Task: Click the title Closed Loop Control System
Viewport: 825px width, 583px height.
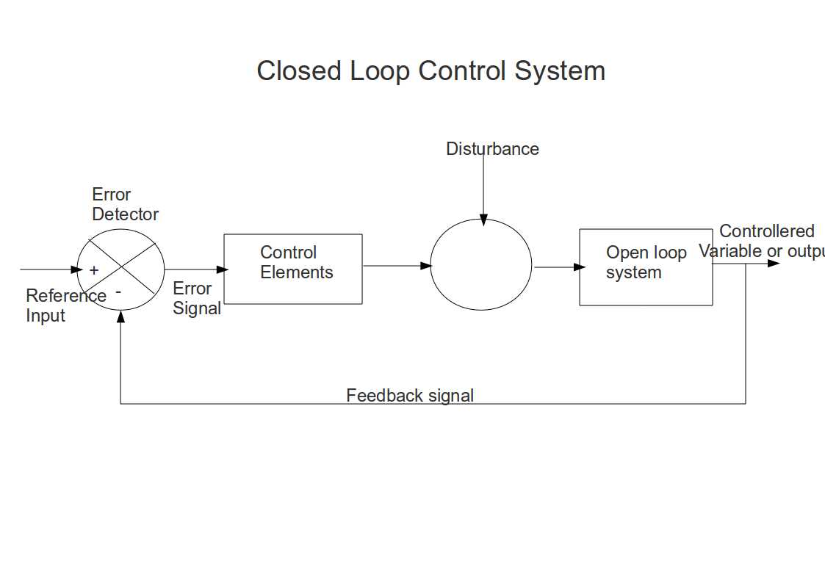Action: coord(430,71)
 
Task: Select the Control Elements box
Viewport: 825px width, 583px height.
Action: coord(292,269)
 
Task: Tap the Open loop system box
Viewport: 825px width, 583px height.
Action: coord(645,267)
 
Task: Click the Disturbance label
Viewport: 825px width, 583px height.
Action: coord(492,149)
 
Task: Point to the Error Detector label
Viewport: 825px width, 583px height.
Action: coord(125,205)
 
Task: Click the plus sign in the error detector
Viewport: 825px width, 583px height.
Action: coord(94,270)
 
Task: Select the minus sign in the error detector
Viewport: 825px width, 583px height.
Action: coord(118,292)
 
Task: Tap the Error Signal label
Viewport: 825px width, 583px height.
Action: coord(196,299)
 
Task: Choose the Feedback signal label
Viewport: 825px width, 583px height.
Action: coord(410,396)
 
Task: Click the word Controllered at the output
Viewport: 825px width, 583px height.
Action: coord(766,231)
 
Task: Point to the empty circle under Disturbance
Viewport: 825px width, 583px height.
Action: coord(480,264)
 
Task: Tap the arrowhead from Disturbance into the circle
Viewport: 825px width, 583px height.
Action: coord(483,220)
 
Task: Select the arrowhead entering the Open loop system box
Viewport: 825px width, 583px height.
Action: coord(580,267)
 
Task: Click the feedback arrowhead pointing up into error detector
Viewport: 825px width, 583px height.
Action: coord(120,316)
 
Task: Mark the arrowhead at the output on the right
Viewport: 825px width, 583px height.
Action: coord(774,263)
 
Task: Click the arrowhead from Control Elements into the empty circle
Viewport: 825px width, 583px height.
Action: coord(425,266)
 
